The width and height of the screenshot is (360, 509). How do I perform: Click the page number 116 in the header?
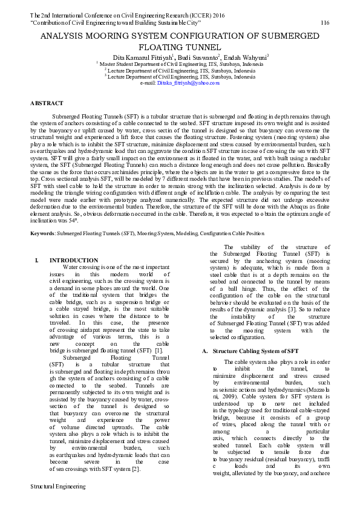[x=324, y=22]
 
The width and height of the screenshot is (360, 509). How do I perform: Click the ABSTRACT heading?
[x=47, y=103]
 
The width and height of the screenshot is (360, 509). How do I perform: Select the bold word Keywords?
[x=43, y=215]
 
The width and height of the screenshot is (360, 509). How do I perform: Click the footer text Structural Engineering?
[x=57, y=502]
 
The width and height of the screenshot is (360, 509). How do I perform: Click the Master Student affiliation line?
[x=182, y=63]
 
